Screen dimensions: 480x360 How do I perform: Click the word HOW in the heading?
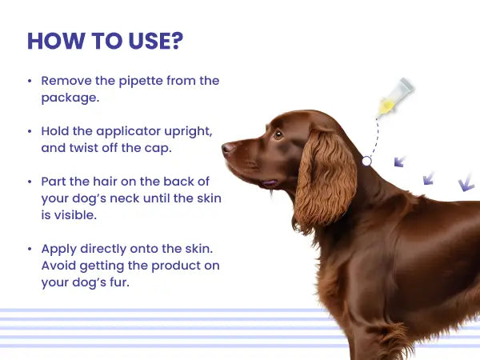[56, 41]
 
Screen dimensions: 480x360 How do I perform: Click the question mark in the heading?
[178, 41]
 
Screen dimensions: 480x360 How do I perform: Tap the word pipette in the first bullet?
[141, 82]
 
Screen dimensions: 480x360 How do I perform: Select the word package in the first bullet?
[69, 98]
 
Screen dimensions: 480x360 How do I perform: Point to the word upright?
[188, 132]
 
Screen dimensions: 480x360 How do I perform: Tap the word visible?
[75, 215]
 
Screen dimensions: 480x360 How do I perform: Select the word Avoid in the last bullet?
[58, 266]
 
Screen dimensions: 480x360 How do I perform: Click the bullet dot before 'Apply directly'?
[30, 249]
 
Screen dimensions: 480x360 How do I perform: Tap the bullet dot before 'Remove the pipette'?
[30, 81]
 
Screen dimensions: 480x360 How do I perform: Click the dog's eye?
[278, 134]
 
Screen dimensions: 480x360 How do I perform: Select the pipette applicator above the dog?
[395, 98]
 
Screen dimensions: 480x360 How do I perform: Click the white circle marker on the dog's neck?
[366, 161]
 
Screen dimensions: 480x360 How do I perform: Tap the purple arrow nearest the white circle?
[399, 162]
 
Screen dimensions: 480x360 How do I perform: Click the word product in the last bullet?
[175, 266]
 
